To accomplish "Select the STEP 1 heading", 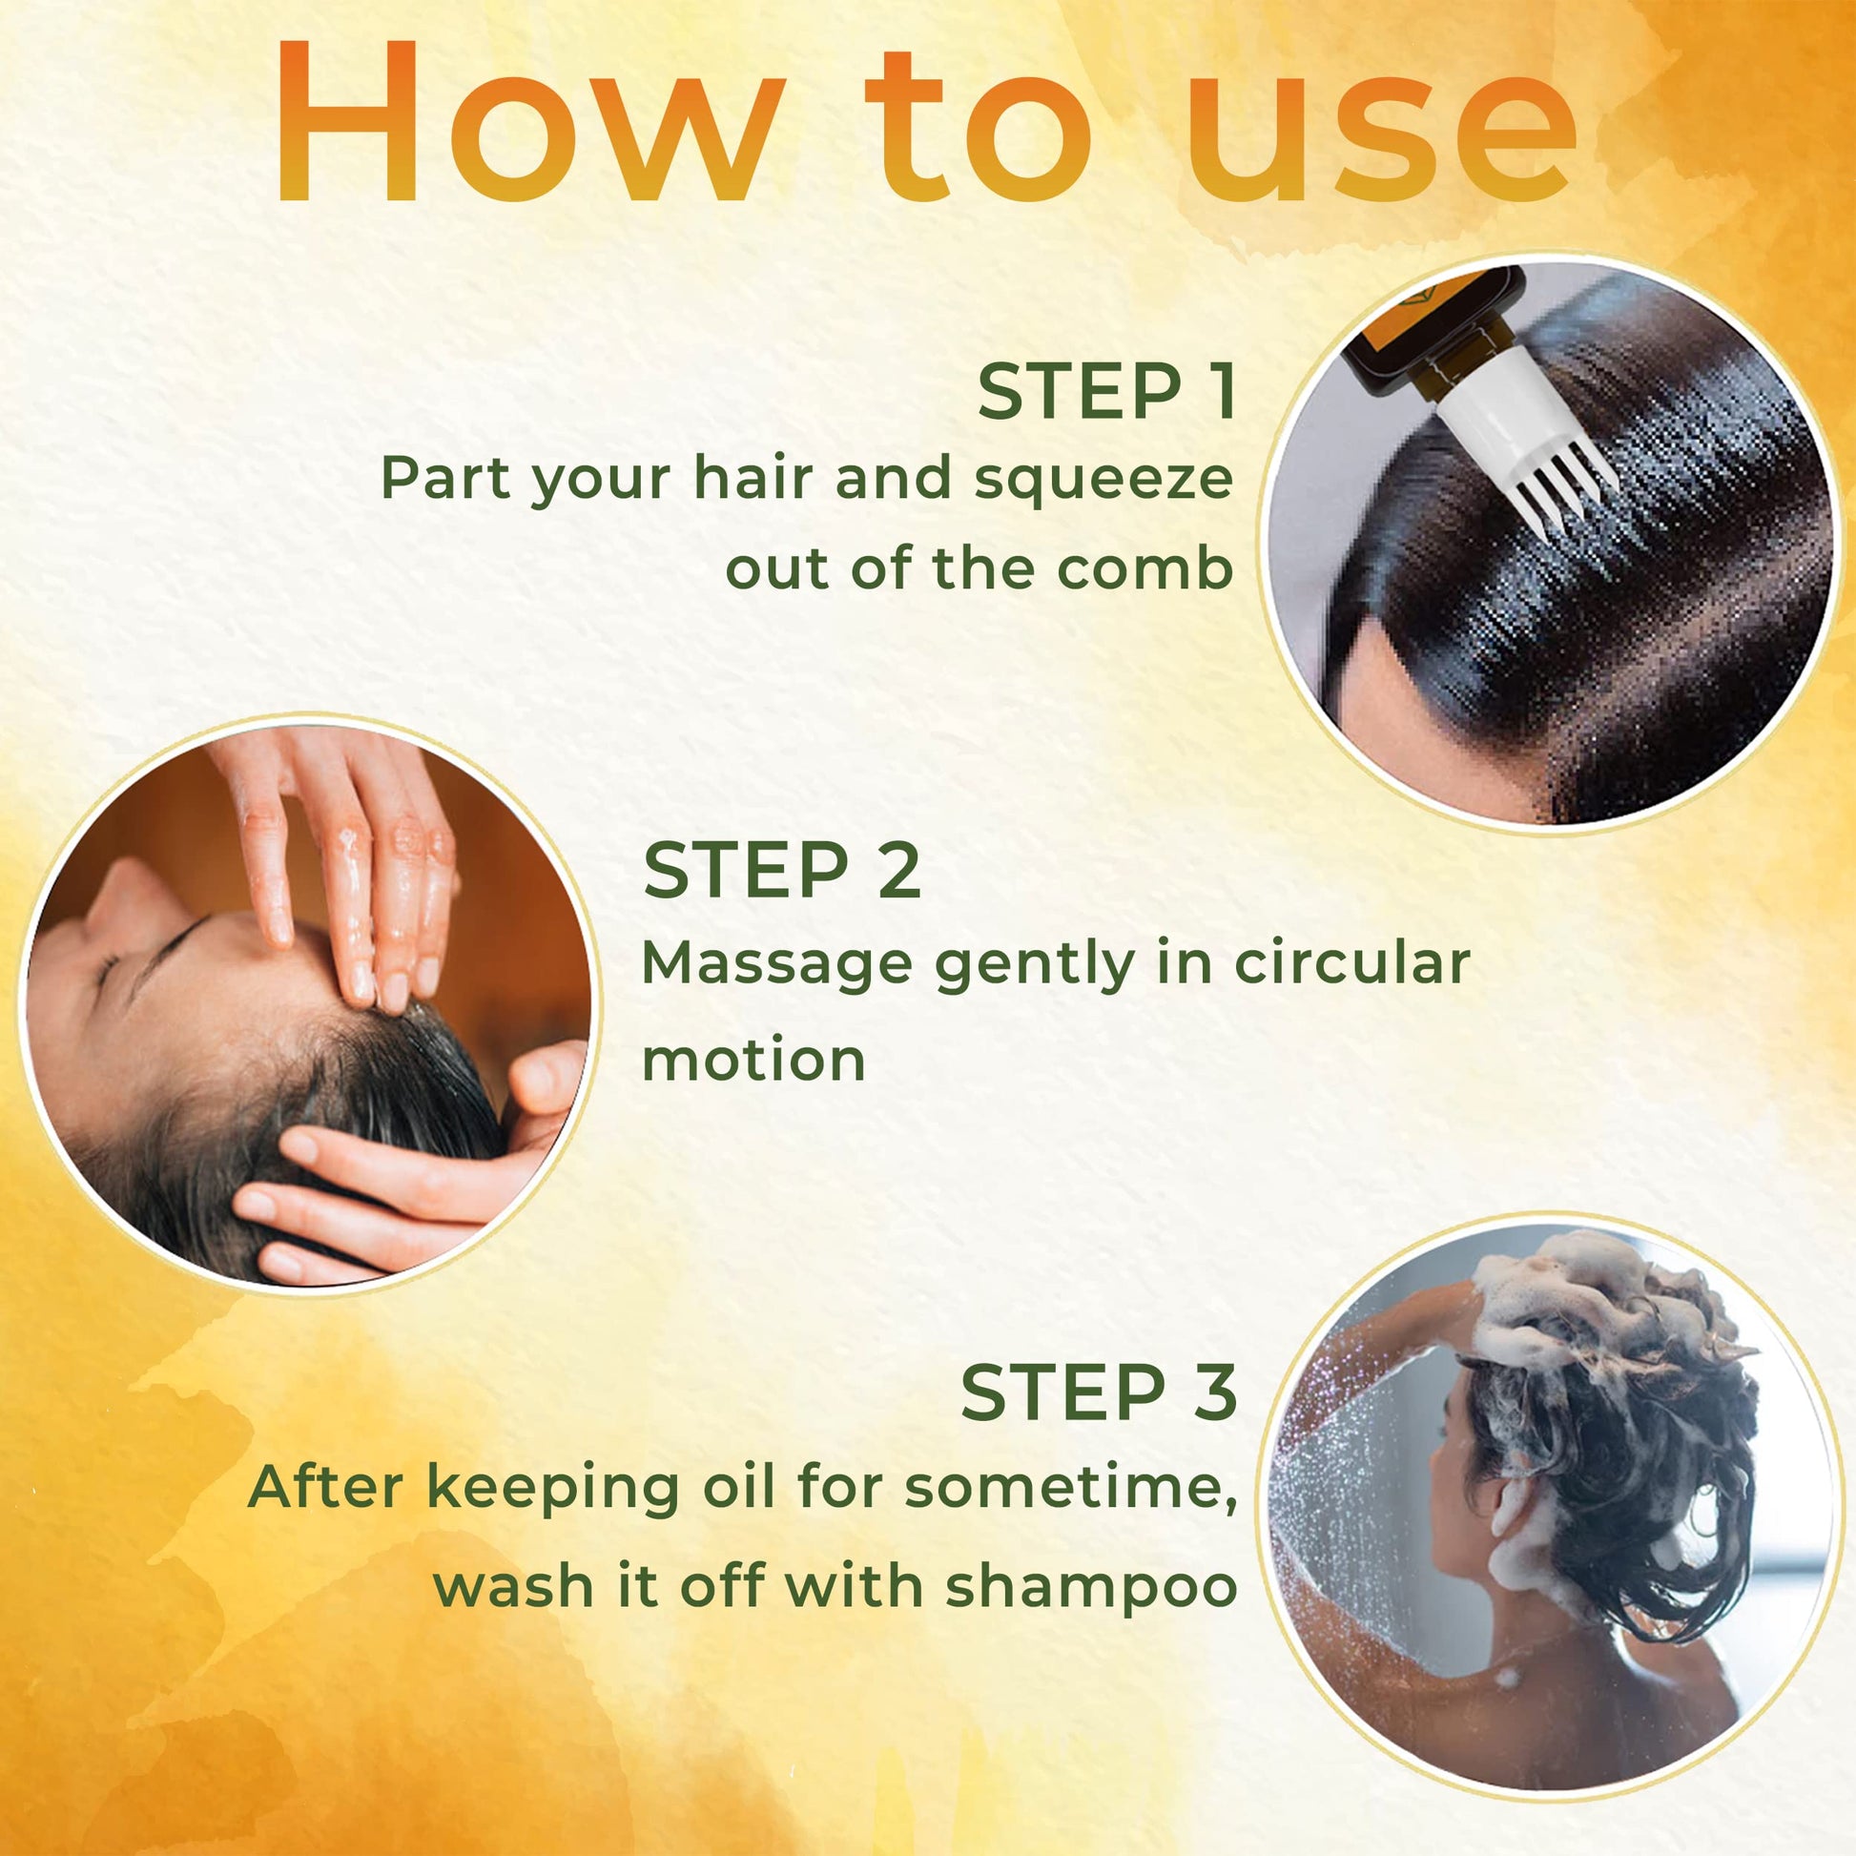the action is [1106, 392].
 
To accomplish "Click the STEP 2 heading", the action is [782, 870].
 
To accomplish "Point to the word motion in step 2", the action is [754, 1061].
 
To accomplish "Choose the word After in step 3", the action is [324, 1486].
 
